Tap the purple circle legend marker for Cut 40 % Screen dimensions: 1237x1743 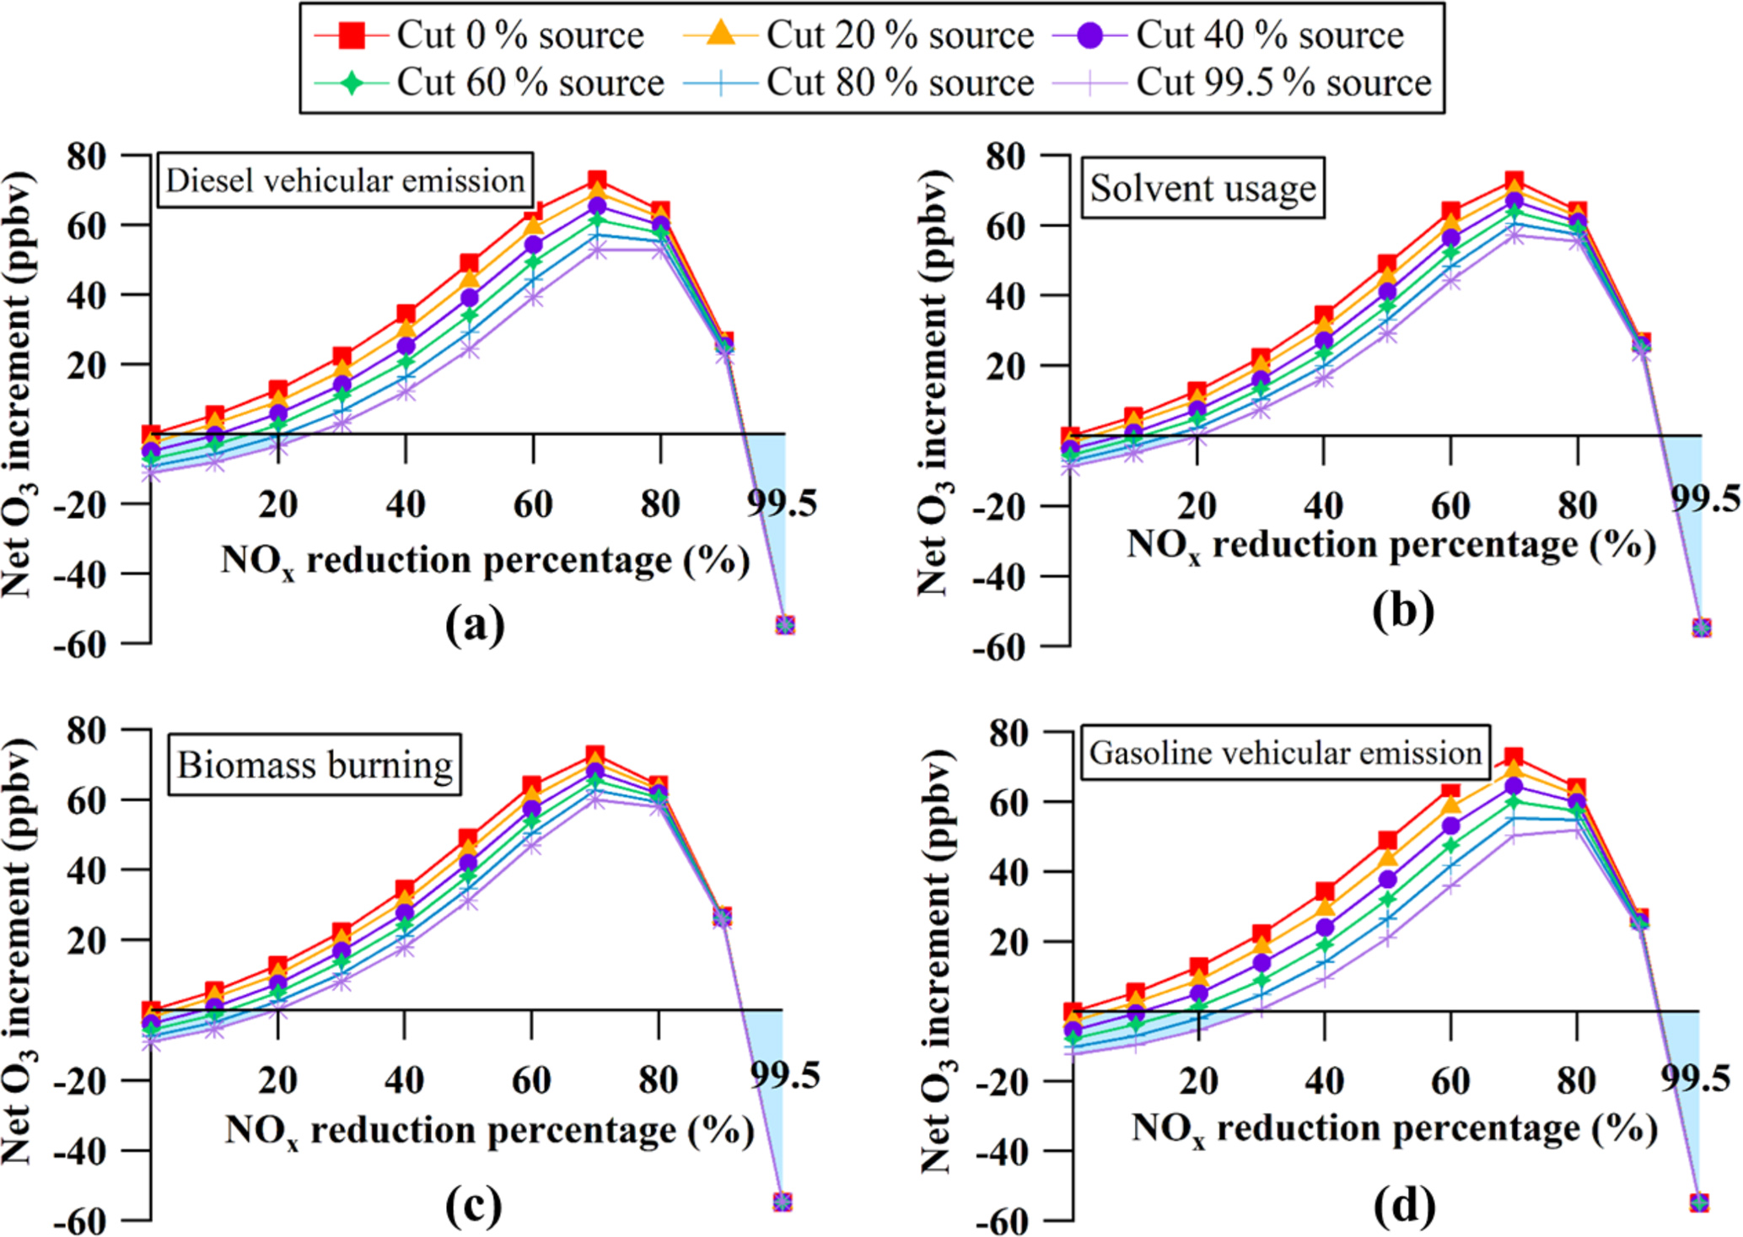[1090, 35]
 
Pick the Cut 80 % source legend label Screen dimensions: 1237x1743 [899, 83]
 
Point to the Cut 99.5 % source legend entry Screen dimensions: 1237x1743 [1283, 83]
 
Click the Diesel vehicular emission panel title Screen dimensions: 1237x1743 [345, 180]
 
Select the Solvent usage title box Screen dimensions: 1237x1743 [1202, 188]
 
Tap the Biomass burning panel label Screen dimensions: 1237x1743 [315, 765]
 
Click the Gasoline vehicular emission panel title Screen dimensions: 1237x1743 [1285, 752]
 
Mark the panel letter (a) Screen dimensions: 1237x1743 [476, 625]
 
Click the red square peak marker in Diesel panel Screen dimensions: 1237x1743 [597, 180]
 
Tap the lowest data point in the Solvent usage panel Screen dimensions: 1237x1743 [1701, 627]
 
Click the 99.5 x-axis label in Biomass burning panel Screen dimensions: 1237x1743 [785, 1077]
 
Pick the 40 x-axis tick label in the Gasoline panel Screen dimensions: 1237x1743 [1324, 1081]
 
